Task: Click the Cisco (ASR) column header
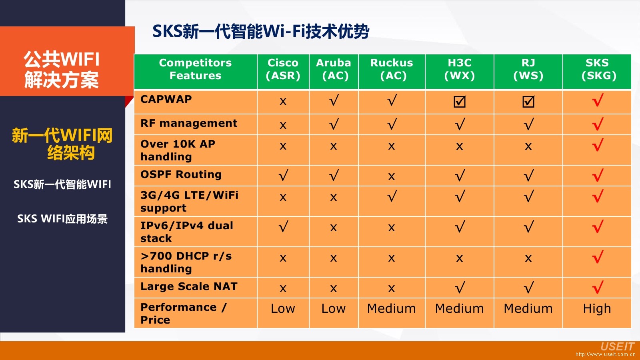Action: (283, 69)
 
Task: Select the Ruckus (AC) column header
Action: (392, 69)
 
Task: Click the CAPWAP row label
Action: (166, 99)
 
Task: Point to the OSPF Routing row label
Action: (181, 174)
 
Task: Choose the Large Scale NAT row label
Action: (189, 286)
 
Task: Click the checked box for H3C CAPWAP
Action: (460, 102)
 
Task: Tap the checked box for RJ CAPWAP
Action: (528, 102)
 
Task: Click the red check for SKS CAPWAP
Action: (598, 100)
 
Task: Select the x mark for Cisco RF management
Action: (283, 125)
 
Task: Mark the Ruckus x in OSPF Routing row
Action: (392, 176)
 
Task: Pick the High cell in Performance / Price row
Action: (597, 308)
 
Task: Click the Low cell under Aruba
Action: (334, 308)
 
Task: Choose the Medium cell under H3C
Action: (460, 308)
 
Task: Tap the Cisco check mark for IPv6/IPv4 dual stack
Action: (283, 226)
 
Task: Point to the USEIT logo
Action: (617, 346)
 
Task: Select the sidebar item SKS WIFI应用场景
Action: (62, 218)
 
